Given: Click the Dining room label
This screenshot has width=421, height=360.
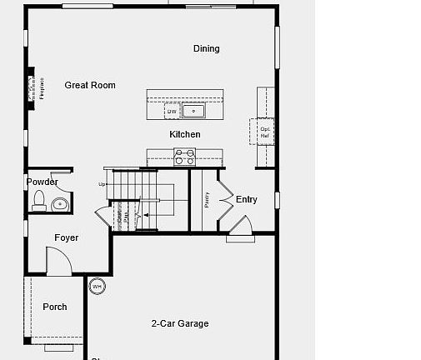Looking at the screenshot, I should click(x=206, y=48).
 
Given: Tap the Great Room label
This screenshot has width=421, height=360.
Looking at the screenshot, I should click(x=90, y=85).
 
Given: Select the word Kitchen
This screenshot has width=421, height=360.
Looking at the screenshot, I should click(x=185, y=134).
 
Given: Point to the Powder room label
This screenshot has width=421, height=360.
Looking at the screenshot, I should click(x=42, y=182).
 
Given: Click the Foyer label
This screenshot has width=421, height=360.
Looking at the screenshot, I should click(x=67, y=237).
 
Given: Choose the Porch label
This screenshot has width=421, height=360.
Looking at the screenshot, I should click(x=55, y=307).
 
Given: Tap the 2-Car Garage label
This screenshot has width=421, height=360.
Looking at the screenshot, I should click(x=180, y=323).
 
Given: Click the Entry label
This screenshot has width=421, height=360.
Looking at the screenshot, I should click(x=247, y=199).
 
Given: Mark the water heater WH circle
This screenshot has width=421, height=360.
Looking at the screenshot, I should click(x=98, y=286).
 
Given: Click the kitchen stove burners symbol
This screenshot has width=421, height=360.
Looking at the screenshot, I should click(x=184, y=157).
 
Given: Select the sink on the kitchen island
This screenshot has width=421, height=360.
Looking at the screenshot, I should click(x=196, y=110).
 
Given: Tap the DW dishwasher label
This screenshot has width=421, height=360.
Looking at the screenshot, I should click(x=172, y=111).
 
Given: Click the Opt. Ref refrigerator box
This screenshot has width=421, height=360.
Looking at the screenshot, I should click(x=263, y=132).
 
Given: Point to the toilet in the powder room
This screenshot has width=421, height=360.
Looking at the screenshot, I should click(x=38, y=201).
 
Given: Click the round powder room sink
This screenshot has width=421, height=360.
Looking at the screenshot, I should click(x=60, y=202).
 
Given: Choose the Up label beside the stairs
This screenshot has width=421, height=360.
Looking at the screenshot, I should click(x=103, y=184).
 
